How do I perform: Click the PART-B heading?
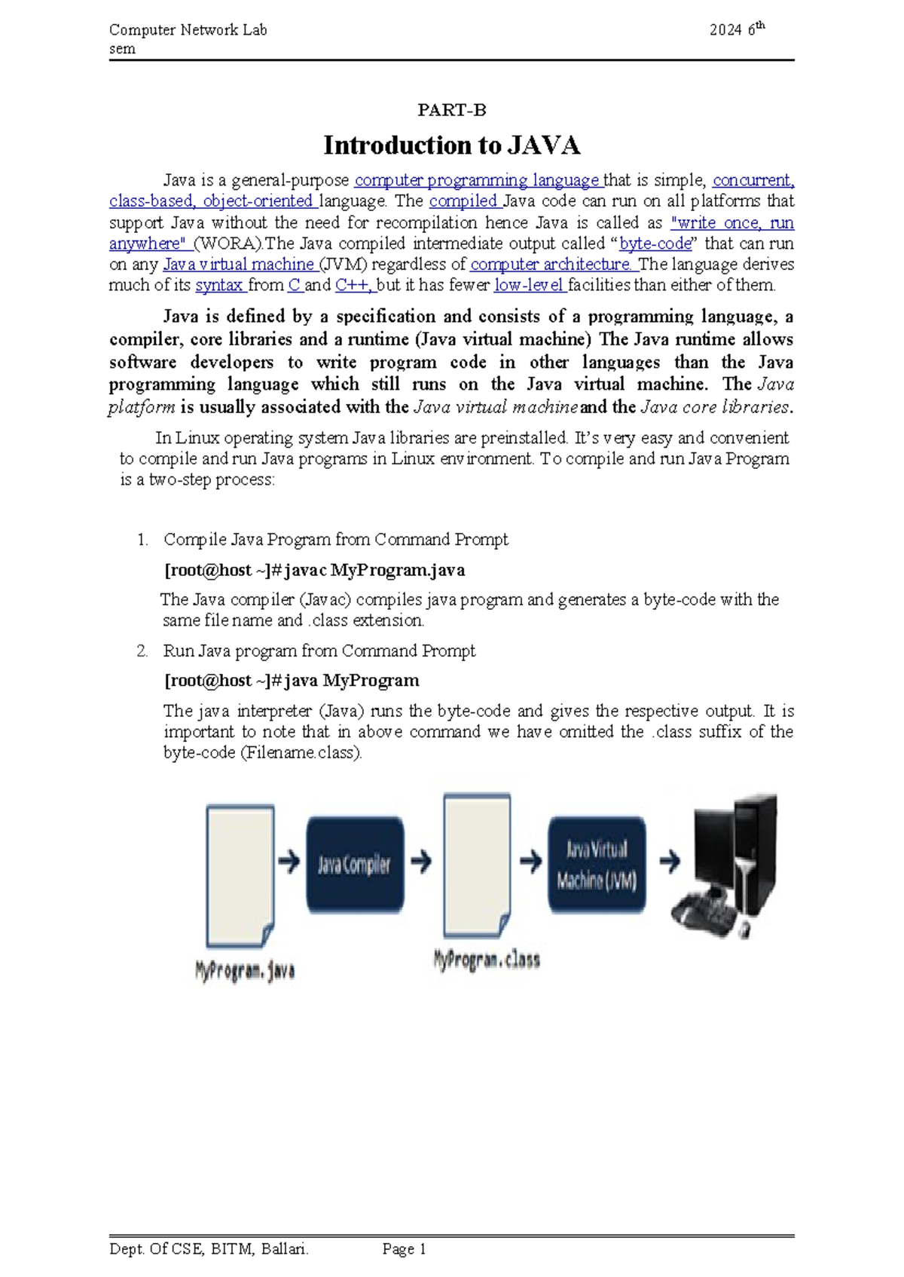(x=452, y=110)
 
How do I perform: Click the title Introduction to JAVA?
(x=452, y=145)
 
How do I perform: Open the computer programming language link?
(x=478, y=181)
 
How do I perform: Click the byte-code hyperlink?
(x=655, y=243)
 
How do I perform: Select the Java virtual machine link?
(x=240, y=265)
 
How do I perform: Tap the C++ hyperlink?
(x=355, y=285)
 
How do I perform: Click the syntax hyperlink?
(x=220, y=286)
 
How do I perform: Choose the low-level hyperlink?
(x=530, y=285)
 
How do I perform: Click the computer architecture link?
(x=553, y=265)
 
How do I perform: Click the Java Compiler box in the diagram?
(x=355, y=864)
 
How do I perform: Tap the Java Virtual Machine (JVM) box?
(x=597, y=865)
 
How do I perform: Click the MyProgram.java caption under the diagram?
(x=245, y=970)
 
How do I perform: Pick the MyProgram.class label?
(x=487, y=960)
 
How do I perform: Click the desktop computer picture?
(x=723, y=865)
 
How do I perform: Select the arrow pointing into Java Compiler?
(x=289, y=862)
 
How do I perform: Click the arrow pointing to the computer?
(x=670, y=862)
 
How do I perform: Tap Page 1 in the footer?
(x=405, y=1250)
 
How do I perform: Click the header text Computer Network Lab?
(x=188, y=30)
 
